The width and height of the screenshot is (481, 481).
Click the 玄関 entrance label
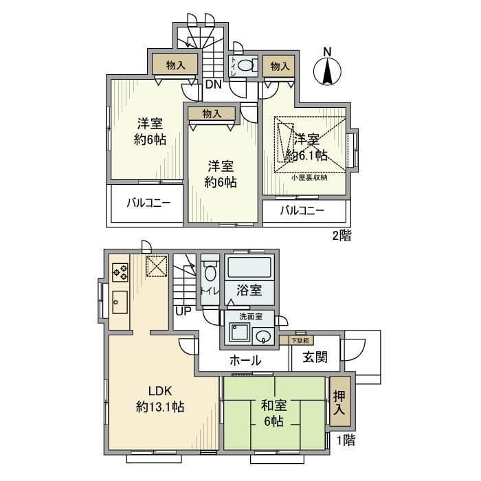313,357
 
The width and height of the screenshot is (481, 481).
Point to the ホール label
245,360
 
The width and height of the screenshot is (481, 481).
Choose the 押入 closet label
339,403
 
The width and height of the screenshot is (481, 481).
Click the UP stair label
183,310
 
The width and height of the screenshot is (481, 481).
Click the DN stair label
213,85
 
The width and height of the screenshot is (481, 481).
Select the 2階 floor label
342,236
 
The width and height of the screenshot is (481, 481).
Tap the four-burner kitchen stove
120,273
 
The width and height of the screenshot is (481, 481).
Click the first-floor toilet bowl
210,273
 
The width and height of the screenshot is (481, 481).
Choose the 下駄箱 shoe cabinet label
298,339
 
